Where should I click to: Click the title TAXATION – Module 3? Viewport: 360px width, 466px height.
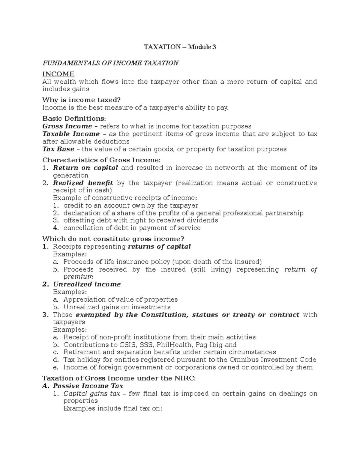pos(180,47)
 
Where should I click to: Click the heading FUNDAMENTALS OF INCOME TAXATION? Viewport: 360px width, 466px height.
pos(110,63)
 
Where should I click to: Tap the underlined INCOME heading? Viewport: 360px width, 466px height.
pos(58,74)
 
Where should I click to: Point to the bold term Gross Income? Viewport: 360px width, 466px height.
pos(67,126)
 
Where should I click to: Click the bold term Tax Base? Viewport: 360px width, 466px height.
pos(58,149)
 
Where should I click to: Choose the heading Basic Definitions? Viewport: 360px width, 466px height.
pos(74,119)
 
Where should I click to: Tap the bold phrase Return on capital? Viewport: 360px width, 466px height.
pos(85,168)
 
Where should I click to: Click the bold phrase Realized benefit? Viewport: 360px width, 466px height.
pos(83,183)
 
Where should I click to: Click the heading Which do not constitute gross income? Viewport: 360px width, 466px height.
pos(113,239)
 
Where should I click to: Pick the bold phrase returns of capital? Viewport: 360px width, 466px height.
pos(159,247)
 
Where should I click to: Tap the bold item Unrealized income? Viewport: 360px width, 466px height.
pos(87,284)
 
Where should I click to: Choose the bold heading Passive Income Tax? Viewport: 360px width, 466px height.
pos(88,386)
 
